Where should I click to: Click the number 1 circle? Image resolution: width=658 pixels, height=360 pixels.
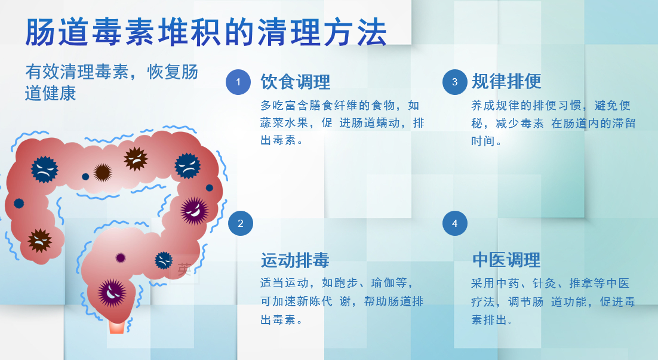click(238, 82)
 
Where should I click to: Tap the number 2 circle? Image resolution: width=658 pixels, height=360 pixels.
click(241, 223)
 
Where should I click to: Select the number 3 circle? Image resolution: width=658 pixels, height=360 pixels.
click(454, 82)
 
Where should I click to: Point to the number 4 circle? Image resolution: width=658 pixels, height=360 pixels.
click(454, 223)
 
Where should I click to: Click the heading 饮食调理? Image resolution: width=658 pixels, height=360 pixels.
click(296, 82)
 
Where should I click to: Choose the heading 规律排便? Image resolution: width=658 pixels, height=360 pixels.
click(506, 81)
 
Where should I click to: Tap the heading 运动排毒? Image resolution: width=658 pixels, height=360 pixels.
click(295, 260)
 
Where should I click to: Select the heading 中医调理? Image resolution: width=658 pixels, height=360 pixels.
click(506, 260)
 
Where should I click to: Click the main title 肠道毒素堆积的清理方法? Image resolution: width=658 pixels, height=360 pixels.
click(205, 32)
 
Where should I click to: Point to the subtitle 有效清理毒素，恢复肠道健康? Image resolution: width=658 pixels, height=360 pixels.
click(112, 82)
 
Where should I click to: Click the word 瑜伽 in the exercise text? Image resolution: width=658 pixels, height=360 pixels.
click(383, 283)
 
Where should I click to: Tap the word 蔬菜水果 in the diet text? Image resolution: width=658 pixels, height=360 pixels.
click(284, 123)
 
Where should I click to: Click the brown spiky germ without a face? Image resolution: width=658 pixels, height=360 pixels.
click(102, 173)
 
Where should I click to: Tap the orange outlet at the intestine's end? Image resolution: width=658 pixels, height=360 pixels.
click(116, 327)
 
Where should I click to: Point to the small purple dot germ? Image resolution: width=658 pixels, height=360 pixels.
click(121, 258)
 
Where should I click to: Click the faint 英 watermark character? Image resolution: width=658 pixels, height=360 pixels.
click(185, 269)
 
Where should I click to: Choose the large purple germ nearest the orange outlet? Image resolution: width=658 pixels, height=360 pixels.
click(112, 293)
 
